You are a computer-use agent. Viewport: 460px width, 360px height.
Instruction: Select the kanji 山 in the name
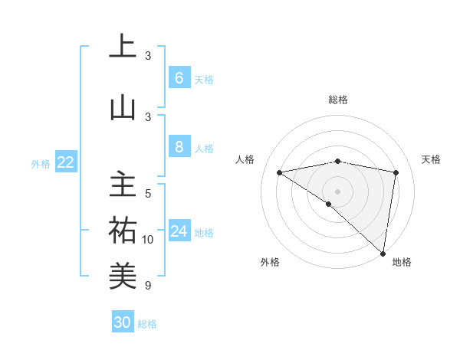(123, 107)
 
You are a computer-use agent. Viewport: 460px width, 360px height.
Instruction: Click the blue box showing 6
(179, 77)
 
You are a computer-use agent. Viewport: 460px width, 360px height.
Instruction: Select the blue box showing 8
(179, 146)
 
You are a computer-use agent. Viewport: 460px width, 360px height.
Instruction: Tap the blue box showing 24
(179, 231)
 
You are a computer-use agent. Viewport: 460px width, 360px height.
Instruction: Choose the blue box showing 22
(66, 162)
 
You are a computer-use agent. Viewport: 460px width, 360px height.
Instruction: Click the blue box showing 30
(123, 322)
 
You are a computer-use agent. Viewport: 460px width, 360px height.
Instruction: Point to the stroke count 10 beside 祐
(148, 240)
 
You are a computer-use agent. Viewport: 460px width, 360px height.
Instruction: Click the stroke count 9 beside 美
(148, 286)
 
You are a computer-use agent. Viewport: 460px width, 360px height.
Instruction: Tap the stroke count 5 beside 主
(148, 194)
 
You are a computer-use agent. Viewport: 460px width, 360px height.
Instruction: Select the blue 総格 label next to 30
(147, 324)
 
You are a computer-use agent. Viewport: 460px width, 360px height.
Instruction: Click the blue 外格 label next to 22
(40, 163)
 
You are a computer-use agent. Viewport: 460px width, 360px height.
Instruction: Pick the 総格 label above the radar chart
(337, 100)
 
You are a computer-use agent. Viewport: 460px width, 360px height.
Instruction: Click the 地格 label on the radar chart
(402, 262)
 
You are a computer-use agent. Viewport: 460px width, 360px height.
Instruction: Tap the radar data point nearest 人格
(280, 172)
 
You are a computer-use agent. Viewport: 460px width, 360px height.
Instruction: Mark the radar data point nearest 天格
(396, 172)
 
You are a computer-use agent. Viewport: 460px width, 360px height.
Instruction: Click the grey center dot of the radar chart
(337, 190)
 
